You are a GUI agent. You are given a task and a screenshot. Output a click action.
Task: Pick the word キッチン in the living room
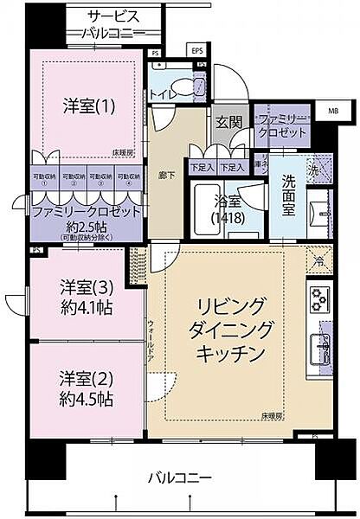[x=229, y=353]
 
